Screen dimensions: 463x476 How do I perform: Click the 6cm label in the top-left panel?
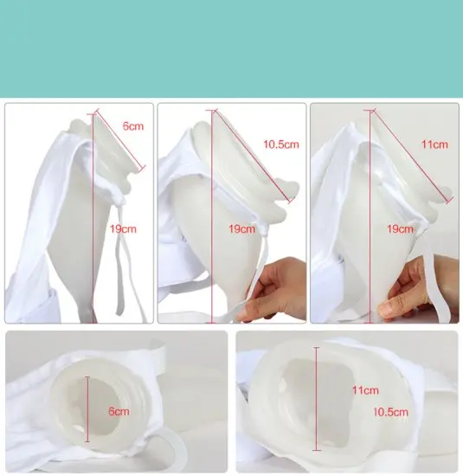[133, 126]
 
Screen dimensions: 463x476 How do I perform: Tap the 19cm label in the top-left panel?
[123, 228]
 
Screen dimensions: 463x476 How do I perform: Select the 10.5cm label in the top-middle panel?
[281, 145]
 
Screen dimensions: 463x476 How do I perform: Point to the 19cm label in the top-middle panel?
[241, 228]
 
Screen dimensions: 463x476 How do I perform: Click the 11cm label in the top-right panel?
[434, 145]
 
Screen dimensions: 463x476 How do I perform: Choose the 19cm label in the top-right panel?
[400, 228]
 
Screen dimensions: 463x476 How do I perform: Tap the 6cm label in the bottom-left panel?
[119, 411]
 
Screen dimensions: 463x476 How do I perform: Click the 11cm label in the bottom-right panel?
[365, 390]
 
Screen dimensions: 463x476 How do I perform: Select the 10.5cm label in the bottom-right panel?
[391, 412]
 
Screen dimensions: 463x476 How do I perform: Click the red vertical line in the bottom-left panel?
[87, 409]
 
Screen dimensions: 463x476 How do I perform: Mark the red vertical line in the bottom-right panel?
[317, 399]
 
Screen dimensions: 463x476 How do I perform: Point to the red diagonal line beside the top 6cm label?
[119, 140]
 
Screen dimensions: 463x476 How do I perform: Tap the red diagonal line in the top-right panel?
[412, 156]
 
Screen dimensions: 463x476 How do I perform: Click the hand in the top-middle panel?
[274, 289]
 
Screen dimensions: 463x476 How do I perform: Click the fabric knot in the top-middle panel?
[262, 230]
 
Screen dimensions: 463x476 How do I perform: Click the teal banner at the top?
[231, 48]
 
